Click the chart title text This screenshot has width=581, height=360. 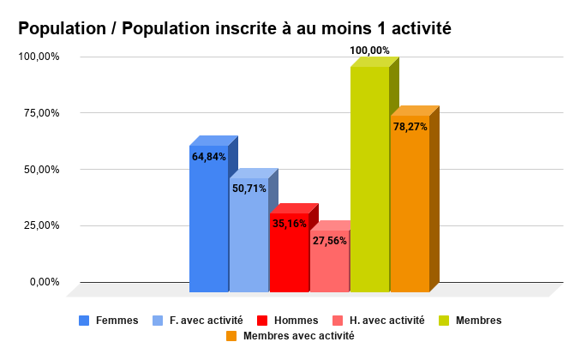pyautogui.click(x=234, y=28)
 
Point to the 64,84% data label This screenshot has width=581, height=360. pyautogui.click(x=209, y=157)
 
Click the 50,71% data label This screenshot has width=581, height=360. pyautogui.click(x=249, y=189)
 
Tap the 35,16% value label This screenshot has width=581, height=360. pyautogui.click(x=290, y=224)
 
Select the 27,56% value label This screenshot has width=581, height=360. pyautogui.click(x=330, y=241)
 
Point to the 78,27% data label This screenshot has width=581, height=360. pyautogui.click(x=410, y=127)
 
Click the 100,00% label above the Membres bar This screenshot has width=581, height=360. pyautogui.click(x=369, y=51)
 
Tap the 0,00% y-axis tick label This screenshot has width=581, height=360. pyautogui.click(x=43, y=282)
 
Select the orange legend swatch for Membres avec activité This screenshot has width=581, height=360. pyautogui.click(x=231, y=336)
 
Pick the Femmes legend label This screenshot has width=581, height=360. pyautogui.click(x=117, y=321)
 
